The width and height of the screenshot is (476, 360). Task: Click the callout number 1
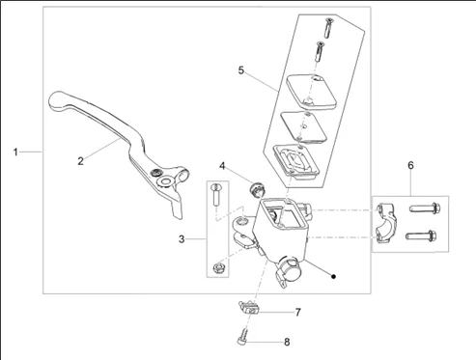(x=15, y=152)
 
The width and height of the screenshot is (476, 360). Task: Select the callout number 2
(x=80, y=161)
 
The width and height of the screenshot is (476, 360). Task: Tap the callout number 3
(x=182, y=239)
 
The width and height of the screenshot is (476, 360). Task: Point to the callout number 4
(x=222, y=166)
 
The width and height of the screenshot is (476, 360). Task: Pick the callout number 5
(x=241, y=70)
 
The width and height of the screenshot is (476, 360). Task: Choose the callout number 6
(x=410, y=165)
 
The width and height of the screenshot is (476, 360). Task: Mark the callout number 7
(x=298, y=312)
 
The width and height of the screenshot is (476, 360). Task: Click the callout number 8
(x=287, y=342)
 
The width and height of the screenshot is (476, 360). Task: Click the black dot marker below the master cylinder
(x=334, y=276)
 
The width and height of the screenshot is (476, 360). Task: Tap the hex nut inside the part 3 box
(x=218, y=267)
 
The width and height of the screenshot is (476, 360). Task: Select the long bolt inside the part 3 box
(x=215, y=194)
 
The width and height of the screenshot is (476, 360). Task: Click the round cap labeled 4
(x=257, y=189)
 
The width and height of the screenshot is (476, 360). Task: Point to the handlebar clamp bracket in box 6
(x=386, y=223)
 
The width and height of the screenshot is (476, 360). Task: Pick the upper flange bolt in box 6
(x=425, y=208)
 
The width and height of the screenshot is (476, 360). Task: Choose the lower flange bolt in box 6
(x=421, y=236)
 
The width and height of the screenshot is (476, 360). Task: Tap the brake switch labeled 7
(x=249, y=308)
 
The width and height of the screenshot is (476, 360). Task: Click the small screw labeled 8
(x=243, y=337)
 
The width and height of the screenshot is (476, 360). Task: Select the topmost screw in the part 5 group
(x=328, y=27)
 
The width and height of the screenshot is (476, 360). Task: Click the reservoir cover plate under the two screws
(x=311, y=92)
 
